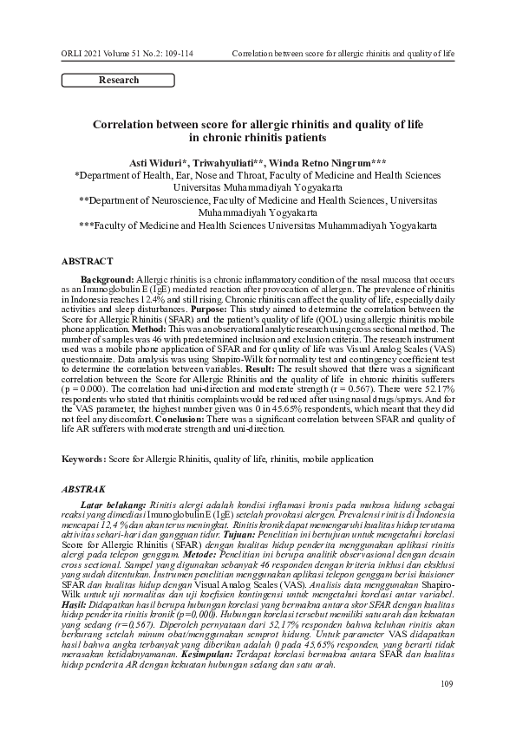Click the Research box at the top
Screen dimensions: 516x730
click(118, 81)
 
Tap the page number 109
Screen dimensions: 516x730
click(447, 709)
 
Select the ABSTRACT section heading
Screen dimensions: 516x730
click(87, 261)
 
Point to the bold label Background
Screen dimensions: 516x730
click(108, 279)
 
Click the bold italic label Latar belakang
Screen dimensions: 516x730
click(113, 504)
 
